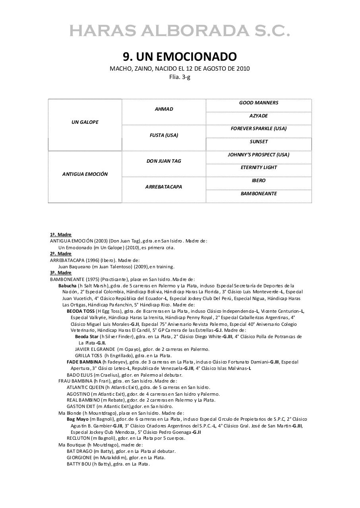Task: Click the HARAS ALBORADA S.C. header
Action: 180,31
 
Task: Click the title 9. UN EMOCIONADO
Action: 180,57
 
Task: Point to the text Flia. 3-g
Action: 180,77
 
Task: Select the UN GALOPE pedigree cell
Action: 85,122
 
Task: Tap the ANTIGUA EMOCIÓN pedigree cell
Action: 85,174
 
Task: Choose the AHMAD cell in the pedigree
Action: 164,109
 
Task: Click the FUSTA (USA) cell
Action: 164,135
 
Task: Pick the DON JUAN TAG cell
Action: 164,161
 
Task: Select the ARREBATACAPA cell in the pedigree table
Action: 164,187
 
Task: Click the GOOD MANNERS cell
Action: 259,103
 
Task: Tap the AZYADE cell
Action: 259,116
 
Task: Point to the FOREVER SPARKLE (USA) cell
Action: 259,129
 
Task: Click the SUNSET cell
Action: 259,142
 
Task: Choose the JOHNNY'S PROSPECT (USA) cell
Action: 259,155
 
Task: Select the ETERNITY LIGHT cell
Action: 259,167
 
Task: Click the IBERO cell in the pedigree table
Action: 259,181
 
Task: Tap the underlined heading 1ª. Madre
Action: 61,235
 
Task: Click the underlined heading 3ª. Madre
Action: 61,273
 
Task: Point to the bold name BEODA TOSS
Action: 81,311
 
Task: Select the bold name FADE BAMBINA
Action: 84,362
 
